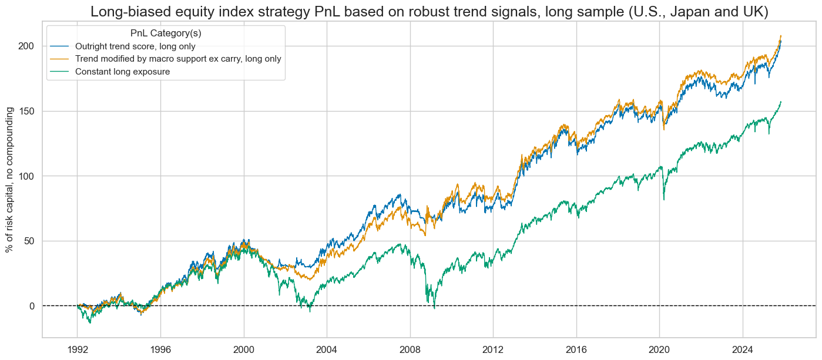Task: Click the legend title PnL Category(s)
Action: tap(166, 34)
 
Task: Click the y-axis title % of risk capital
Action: tap(10, 180)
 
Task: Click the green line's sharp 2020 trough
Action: tap(664, 200)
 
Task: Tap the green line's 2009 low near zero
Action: tap(434, 307)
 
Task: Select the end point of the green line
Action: tap(781, 102)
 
